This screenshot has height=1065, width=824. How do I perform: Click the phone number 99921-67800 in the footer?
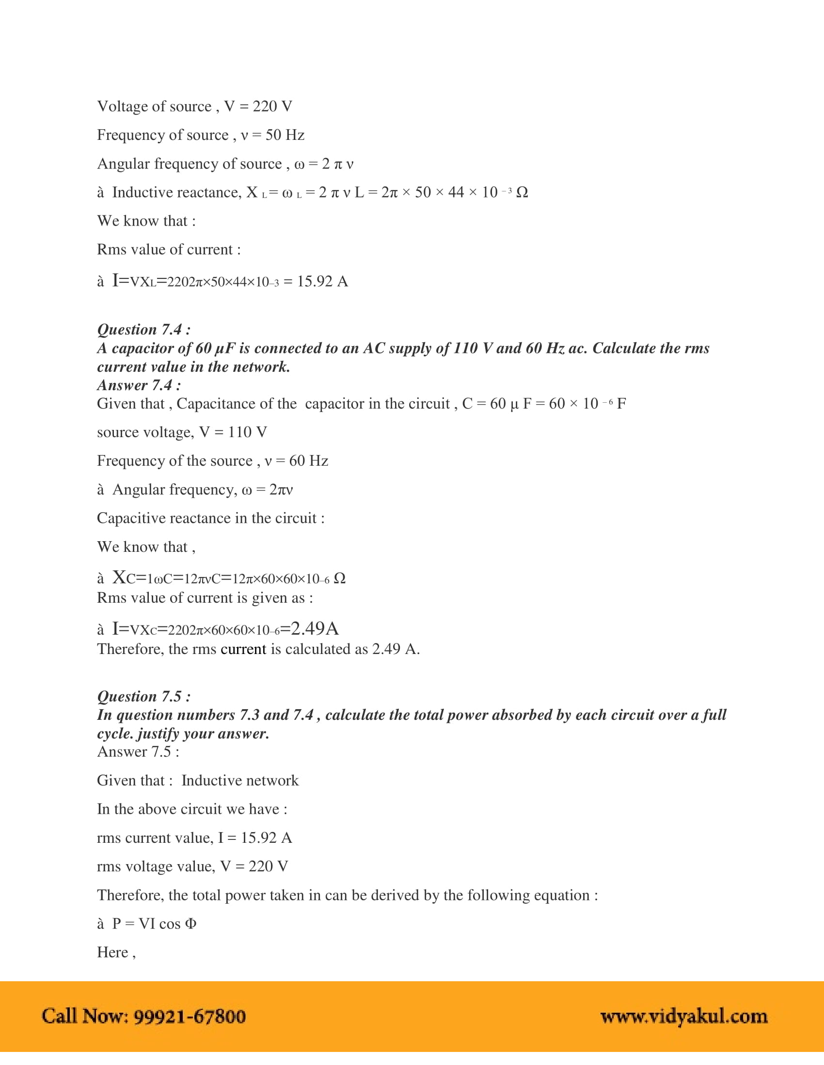(x=190, y=1016)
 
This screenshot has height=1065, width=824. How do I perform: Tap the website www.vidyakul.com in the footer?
(x=683, y=1016)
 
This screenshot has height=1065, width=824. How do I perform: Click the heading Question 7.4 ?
(x=143, y=330)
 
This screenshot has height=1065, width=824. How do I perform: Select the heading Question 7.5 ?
(x=143, y=696)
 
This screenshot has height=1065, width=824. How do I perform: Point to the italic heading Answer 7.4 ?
(x=139, y=385)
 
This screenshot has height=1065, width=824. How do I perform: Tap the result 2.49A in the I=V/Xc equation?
(x=315, y=628)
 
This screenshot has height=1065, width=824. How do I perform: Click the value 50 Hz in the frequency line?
(x=285, y=135)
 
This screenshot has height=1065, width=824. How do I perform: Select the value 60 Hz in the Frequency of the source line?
(x=308, y=461)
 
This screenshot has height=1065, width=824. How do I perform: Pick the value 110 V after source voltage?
(x=247, y=432)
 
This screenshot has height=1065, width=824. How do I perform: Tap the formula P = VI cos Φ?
(x=154, y=924)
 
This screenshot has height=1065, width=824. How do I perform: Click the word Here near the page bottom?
(x=112, y=952)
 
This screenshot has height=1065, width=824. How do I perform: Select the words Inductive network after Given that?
(x=239, y=781)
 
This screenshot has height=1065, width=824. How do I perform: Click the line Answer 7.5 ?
(x=138, y=752)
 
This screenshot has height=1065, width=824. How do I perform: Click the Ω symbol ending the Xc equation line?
(x=339, y=578)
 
